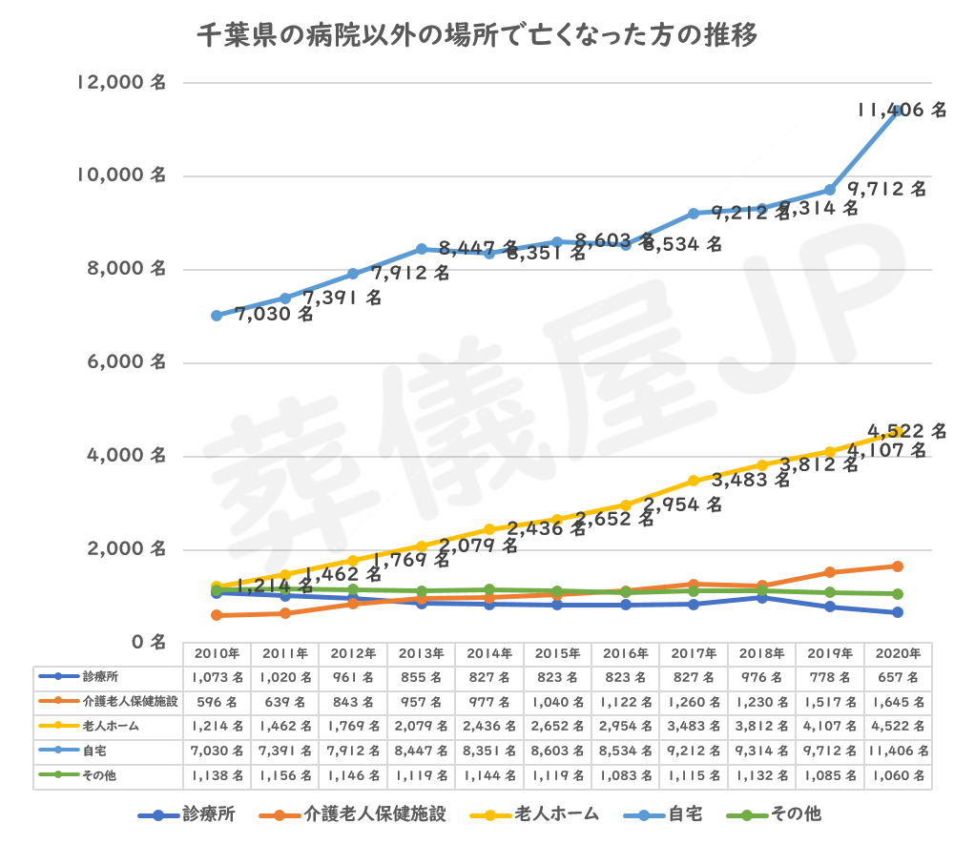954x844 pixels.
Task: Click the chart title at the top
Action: [477, 37]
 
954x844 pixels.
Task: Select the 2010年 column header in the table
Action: [217, 654]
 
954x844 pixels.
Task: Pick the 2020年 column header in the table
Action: [898, 654]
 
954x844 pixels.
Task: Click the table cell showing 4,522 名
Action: [898, 727]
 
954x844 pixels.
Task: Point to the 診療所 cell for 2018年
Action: [761, 677]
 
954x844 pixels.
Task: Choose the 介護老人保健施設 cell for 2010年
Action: [217, 702]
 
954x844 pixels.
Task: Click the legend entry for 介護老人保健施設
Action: [358, 814]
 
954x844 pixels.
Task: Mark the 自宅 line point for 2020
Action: [898, 111]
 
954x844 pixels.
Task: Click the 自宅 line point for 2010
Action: [217, 315]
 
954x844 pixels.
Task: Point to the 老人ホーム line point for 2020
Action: [898, 432]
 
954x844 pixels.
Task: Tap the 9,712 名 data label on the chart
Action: [888, 189]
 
